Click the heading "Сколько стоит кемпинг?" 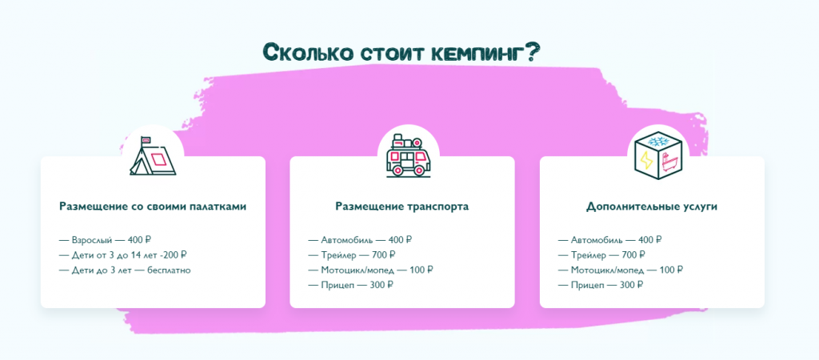click(402, 52)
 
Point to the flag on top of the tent click(146, 139)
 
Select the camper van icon click(408, 155)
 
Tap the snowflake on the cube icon click(657, 141)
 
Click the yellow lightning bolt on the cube click(646, 160)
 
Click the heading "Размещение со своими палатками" click(153, 206)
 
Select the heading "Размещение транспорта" click(402, 206)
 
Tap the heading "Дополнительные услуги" click(652, 206)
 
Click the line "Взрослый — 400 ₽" click(105, 240)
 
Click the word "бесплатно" click(169, 270)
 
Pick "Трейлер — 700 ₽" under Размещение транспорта click(352, 255)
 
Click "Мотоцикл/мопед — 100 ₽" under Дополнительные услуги click(621, 270)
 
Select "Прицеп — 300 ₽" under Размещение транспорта click(350, 286)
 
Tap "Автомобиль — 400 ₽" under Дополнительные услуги click(610, 240)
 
